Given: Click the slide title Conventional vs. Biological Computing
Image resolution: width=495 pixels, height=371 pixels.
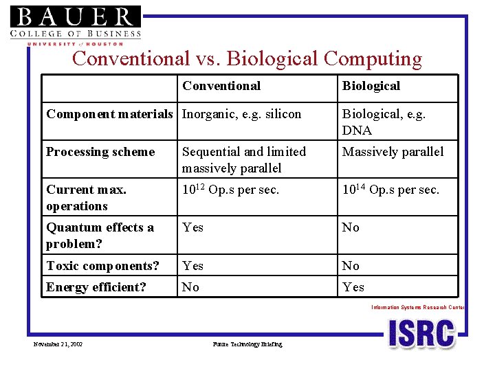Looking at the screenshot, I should point(247,59).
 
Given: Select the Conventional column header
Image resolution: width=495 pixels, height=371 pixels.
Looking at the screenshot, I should point(221,86).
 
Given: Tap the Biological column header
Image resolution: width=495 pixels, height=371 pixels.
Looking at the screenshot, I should point(371,86).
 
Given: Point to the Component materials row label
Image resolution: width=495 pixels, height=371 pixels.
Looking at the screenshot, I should point(109,114).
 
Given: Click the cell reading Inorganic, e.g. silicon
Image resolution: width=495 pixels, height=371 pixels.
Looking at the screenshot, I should point(241,114).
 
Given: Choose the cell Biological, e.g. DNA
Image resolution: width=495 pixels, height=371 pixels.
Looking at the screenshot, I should point(384,122).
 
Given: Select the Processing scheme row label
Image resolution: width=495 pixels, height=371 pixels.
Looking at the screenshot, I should point(100,152).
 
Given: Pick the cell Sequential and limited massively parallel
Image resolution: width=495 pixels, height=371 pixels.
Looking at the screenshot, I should point(244,159).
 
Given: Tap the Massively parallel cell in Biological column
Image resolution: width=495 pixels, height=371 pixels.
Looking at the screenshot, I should point(393,152).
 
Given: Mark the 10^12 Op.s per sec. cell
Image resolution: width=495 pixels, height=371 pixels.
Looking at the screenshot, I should point(230,190).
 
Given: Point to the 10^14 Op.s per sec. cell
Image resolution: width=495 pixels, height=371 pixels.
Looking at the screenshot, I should point(390,190).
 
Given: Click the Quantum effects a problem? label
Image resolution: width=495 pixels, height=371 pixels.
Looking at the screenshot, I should point(100,236).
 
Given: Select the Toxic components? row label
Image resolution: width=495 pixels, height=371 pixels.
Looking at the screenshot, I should point(102,266).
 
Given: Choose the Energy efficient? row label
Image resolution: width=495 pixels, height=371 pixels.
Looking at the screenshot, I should point(96,287).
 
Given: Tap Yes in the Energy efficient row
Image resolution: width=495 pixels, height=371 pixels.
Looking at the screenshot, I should point(353,287).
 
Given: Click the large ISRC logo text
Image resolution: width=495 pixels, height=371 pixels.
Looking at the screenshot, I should point(421,334).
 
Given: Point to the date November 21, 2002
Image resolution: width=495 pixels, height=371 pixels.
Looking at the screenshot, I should point(58,344).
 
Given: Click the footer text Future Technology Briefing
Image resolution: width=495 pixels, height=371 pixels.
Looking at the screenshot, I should point(247,344).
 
